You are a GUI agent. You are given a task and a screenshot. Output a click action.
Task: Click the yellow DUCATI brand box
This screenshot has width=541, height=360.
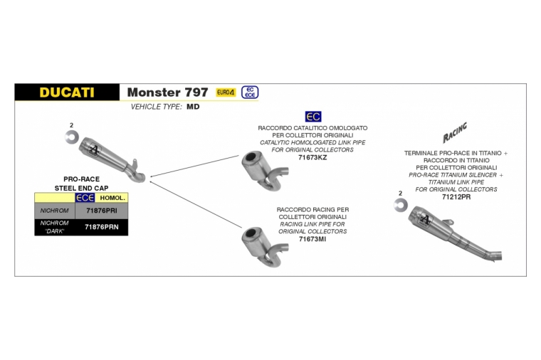(67, 92)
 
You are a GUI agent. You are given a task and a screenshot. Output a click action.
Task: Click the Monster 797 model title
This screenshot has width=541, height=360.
(167, 92)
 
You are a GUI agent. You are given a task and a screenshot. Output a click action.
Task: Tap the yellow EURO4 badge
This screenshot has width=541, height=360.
(226, 92)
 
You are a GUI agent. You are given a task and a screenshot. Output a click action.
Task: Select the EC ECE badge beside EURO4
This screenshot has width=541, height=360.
(250, 92)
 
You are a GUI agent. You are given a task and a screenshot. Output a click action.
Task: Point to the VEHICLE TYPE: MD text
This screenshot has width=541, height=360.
(165, 106)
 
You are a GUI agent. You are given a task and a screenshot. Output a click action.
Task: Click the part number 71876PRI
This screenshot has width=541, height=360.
(101, 211)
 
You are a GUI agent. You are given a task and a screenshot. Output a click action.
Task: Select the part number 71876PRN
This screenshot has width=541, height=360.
(101, 228)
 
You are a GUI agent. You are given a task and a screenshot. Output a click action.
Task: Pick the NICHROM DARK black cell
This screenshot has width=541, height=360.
(54, 228)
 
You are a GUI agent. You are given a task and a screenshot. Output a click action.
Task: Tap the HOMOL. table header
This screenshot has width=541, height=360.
(112, 198)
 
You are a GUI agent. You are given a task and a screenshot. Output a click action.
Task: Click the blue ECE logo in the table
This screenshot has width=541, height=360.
(85, 198)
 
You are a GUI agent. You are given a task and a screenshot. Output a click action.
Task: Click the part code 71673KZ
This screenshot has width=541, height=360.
(312, 158)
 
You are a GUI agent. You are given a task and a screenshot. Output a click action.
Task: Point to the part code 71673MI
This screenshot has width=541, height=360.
(312, 239)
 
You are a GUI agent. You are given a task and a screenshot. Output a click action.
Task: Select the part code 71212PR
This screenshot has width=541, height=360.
(456, 197)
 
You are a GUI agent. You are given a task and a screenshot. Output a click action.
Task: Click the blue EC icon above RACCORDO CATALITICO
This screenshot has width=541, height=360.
(312, 116)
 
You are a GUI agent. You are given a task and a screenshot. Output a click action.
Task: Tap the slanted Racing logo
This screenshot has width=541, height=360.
(455, 133)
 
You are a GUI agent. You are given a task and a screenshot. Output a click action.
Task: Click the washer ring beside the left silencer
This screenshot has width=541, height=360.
(70, 138)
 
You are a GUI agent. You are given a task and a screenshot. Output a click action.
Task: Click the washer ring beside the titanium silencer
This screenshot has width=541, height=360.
(400, 206)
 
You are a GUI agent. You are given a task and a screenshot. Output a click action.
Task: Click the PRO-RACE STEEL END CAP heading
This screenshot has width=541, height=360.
(81, 184)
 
